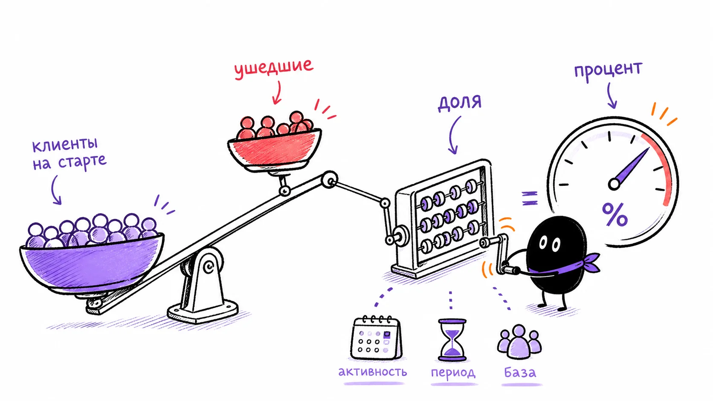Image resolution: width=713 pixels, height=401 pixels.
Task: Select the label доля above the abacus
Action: click(459, 103)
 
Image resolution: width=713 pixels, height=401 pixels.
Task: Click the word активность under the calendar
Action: click(372, 372)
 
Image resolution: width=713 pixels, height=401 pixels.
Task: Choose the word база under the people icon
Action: click(520, 372)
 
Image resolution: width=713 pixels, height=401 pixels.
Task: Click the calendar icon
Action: click(376, 338)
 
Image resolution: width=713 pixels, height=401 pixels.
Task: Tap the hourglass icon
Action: click(452, 340)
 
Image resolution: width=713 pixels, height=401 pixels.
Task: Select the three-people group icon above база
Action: click(519, 341)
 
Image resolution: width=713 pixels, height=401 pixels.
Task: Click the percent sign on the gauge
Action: click(614, 215)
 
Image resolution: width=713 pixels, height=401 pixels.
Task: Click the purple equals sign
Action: click(530, 198)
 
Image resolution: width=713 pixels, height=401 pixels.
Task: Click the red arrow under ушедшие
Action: click(277, 92)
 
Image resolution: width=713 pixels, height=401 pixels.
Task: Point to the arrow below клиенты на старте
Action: click(55, 190)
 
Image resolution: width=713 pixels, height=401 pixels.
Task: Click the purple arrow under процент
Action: click(611, 95)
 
